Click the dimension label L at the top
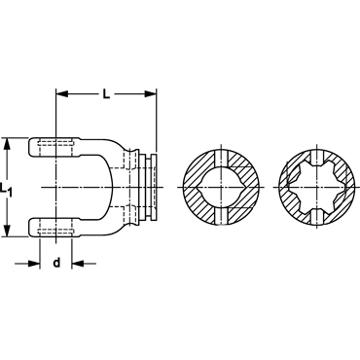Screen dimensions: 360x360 click(107, 94)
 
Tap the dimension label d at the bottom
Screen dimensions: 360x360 click(56, 263)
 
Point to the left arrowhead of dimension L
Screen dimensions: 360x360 click(61, 94)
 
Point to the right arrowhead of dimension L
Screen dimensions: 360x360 click(151, 94)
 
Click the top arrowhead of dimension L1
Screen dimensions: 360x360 click(7, 143)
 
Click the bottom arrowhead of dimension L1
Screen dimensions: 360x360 click(7, 231)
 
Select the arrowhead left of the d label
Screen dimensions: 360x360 click(34, 264)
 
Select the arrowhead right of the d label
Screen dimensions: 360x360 click(77, 264)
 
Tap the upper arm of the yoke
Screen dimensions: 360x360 click(54, 148)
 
